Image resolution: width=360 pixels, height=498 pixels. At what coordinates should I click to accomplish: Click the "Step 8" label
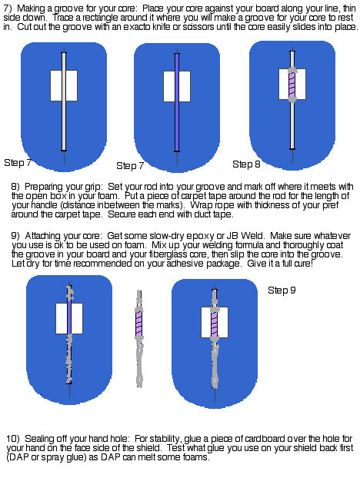(246, 164)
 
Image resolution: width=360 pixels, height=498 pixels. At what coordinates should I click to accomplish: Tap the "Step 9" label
(282, 290)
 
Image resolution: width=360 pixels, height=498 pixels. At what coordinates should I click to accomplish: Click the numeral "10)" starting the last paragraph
(13, 439)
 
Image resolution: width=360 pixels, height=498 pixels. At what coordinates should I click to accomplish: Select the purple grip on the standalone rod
(139, 324)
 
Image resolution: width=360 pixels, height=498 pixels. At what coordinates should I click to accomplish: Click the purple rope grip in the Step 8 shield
(292, 85)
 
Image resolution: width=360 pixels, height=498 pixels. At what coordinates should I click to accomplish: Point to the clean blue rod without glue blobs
(177, 102)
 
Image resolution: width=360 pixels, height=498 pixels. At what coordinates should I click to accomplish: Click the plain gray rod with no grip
(64, 101)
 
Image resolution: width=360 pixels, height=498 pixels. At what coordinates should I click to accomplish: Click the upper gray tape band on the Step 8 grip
(292, 70)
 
